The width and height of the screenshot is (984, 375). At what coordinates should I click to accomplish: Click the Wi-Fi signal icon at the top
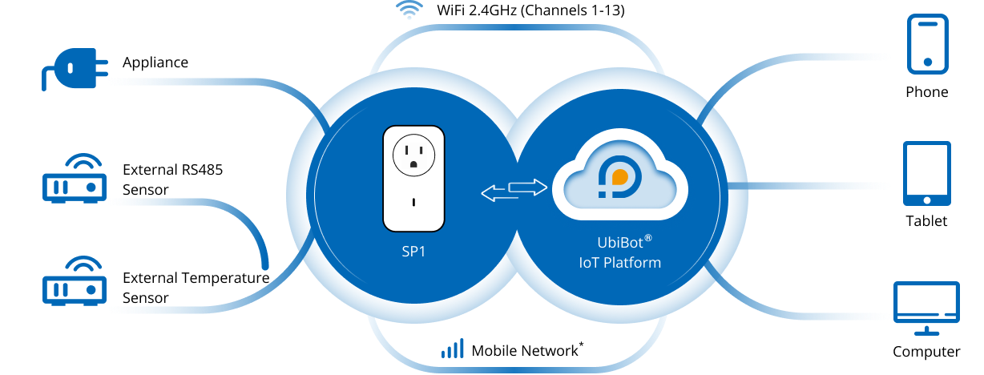click(x=410, y=10)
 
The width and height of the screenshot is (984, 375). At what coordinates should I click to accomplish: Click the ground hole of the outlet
click(x=413, y=163)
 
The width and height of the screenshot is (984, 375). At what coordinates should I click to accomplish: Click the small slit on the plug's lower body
click(x=413, y=202)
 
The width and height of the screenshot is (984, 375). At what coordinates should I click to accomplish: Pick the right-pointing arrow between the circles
click(x=528, y=187)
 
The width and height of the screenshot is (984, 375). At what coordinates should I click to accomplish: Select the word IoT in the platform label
click(x=587, y=262)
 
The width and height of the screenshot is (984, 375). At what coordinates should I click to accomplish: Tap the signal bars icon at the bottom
click(x=453, y=349)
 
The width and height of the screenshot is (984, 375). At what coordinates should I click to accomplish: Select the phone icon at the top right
click(x=927, y=45)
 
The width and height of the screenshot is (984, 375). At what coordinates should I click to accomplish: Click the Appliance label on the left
click(x=155, y=61)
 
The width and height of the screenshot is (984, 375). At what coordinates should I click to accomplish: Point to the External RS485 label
click(x=172, y=170)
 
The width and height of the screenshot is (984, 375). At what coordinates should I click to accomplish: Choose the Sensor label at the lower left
click(x=146, y=297)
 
